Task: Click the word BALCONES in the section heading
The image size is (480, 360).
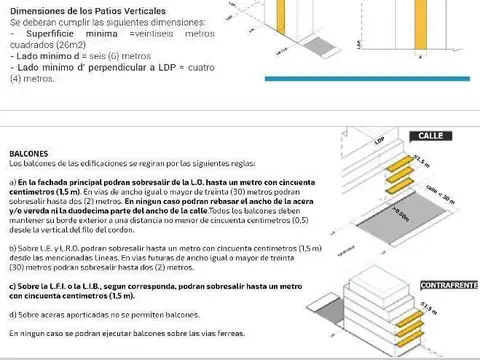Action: [x=28, y=154]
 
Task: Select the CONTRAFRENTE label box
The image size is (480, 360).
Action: [x=449, y=286]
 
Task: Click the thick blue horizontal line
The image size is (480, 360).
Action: [x=370, y=78]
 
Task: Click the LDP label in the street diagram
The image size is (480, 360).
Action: [x=379, y=142]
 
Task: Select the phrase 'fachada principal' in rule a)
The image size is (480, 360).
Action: [x=76, y=181]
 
